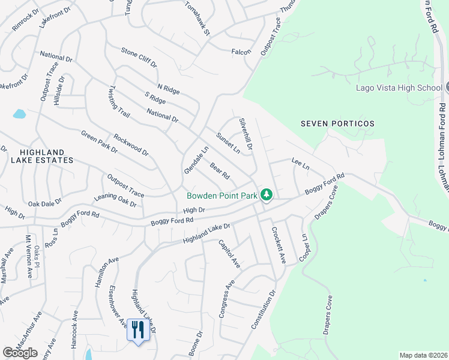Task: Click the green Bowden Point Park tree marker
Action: (267, 196)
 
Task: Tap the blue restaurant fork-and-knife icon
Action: (138, 329)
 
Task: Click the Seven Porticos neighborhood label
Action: (337, 124)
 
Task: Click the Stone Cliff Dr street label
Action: (139, 57)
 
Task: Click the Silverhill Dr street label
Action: (247, 133)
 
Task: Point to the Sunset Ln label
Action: (228, 143)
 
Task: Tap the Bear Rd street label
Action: (220, 171)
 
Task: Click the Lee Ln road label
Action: (300, 163)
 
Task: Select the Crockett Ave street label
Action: (279, 245)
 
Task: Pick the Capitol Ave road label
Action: (229, 254)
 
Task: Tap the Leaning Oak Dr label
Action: (116, 200)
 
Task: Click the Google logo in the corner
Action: (20, 353)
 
